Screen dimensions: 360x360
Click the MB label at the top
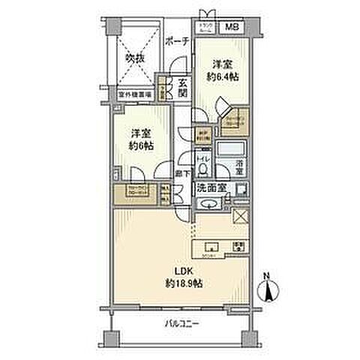coord(234,27)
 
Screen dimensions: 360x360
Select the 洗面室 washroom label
coord(215,190)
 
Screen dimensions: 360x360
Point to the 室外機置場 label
coord(136,96)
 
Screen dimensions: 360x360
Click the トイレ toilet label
coord(202,160)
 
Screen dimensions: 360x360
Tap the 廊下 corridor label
coord(181,174)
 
